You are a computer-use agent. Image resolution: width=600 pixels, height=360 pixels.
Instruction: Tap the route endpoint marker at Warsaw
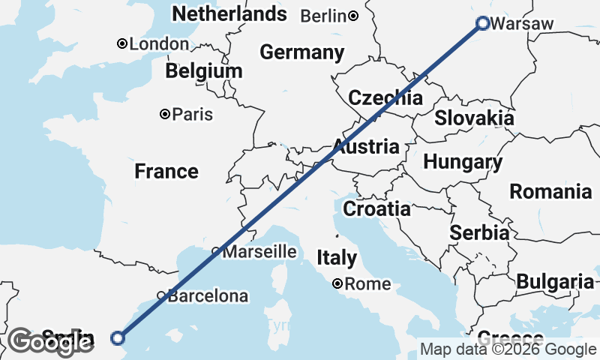tap(483, 23)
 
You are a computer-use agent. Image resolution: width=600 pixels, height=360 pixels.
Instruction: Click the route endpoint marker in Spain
tap(117, 337)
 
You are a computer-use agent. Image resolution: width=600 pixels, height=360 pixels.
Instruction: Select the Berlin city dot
tap(352, 16)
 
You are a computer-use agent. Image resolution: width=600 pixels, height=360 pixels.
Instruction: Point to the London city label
tap(158, 44)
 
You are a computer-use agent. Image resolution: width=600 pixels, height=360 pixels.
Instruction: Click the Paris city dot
tap(164, 115)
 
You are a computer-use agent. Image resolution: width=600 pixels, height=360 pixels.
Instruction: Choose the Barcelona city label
tap(208, 296)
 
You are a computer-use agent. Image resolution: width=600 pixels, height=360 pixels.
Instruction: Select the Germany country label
tap(301, 52)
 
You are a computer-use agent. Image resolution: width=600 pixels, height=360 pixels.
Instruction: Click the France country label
tap(166, 172)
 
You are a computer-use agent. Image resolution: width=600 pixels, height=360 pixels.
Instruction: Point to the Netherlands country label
tap(229, 13)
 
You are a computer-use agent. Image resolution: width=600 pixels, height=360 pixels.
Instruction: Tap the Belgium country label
tap(205, 71)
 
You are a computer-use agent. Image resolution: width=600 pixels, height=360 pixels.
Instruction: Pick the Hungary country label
tap(463, 162)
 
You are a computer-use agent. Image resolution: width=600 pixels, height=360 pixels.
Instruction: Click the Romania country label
tap(550, 191)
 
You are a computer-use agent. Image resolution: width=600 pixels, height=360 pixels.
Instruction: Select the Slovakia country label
tap(475, 118)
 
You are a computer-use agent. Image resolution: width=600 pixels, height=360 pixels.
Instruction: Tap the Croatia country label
tap(376, 208)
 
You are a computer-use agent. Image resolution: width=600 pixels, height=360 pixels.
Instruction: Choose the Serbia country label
tap(479, 232)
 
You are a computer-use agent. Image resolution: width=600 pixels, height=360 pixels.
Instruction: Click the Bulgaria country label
tap(555, 282)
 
